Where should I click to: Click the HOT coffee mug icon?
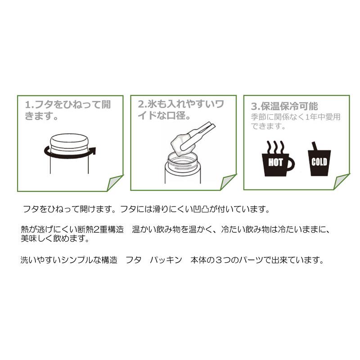pyautogui.click(x=275, y=162)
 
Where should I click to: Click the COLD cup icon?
pyautogui.click(x=319, y=161)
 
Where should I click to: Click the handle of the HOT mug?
pyautogui.click(x=291, y=163)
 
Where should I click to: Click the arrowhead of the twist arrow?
pyautogui.click(x=92, y=151)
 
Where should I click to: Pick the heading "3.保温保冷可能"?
pyautogui.click(x=284, y=107)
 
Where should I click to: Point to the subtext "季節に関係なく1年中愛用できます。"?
pyautogui.click(x=296, y=122)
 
